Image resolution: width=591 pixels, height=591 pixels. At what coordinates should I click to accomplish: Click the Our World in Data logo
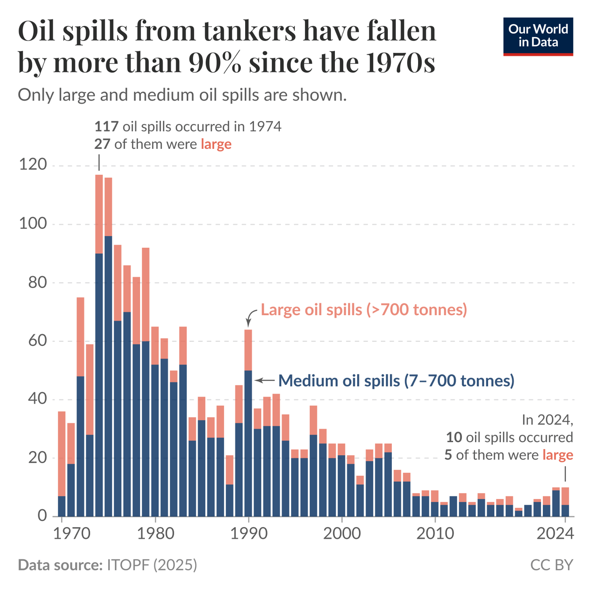(x=538, y=36)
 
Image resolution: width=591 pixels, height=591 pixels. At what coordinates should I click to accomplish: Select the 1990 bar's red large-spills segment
(x=248, y=350)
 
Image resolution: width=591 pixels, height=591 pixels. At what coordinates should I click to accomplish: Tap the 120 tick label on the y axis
(x=32, y=165)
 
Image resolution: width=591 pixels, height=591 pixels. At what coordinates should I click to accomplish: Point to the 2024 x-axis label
(x=555, y=533)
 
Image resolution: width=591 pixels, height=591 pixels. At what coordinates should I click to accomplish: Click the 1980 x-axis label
(x=155, y=533)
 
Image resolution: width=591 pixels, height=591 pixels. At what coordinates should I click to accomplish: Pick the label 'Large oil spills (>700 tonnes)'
(x=364, y=310)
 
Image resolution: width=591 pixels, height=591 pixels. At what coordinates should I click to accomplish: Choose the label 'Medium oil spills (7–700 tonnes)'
(x=396, y=380)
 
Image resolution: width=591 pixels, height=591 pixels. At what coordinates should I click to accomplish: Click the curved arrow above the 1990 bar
(x=251, y=316)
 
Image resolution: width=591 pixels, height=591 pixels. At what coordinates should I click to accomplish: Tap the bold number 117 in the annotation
(x=106, y=127)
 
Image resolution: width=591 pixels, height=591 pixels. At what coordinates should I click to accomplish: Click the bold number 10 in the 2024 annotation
(x=454, y=437)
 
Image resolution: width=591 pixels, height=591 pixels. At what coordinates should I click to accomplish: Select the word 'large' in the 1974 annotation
(x=216, y=144)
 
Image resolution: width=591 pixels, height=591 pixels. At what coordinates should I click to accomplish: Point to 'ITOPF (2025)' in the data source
(x=152, y=565)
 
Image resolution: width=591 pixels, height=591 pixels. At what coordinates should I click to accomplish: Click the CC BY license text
(x=551, y=565)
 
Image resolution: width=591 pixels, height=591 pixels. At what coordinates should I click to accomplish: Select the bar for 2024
(x=565, y=502)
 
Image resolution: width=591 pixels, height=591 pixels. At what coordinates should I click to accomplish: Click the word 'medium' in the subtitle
(x=164, y=95)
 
